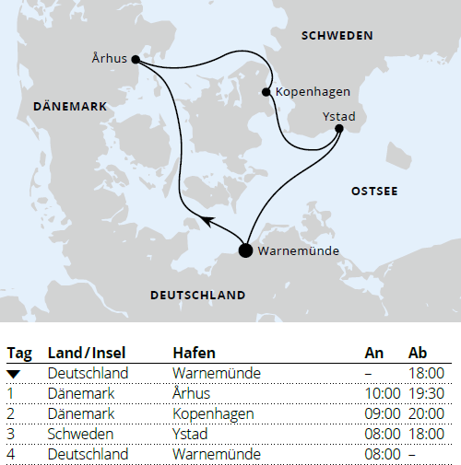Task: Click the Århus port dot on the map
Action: [x=136, y=60]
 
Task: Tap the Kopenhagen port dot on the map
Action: [x=266, y=92]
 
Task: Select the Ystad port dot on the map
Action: [x=339, y=129]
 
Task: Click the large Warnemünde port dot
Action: [x=245, y=250]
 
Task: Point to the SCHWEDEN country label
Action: [x=337, y=36]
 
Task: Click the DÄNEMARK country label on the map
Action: [x=70, y=107]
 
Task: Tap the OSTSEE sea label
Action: [x=374, y=191]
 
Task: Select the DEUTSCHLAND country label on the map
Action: [x=197, y=296]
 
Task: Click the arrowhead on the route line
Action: [x=207, y=221]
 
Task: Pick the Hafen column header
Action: [x=194, y=354]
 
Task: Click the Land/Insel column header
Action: [x=86, y=354]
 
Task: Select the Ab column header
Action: [x=418, y=354]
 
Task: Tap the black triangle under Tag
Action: [x=14, y=373]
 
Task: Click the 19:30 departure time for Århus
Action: [x=427, y=393]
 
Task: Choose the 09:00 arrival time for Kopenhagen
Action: [x=383, y=413]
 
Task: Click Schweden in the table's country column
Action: [x=80, y=434]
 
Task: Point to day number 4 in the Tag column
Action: [x=11, y=454]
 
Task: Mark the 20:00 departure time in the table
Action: [x=427, y=413]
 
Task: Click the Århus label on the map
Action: [x=110, y=58]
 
